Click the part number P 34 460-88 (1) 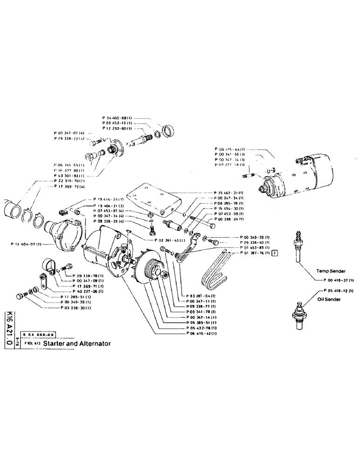(117, 118)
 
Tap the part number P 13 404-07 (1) (26, 244)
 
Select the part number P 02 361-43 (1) (170, 240)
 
